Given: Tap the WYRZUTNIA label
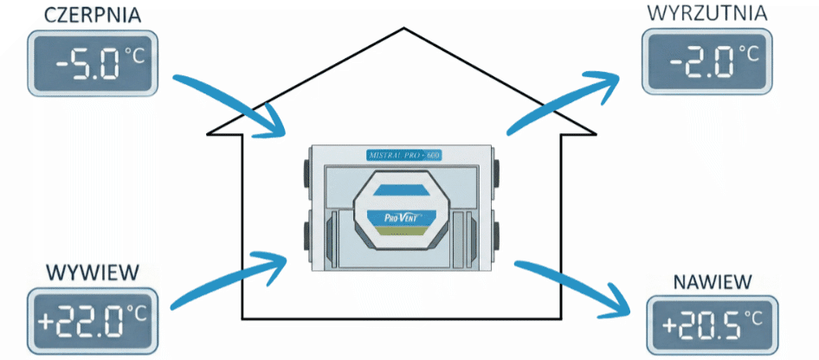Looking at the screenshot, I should click(706, 14).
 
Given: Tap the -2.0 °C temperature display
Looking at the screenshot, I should click(705, 61).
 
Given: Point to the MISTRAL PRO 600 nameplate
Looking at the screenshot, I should click(403, 154).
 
